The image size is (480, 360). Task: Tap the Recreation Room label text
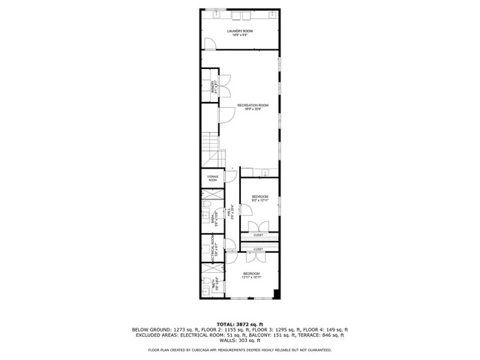pyautogui.click(x=253, y=106)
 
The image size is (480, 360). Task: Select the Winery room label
pyautogui.click(x=214, y=85)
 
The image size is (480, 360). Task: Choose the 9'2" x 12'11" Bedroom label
pyautogui.click(x=259, y=199)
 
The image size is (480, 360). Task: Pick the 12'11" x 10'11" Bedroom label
pyautogui.click(x=251, y=275)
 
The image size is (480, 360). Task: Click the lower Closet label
pyautogui.click(x=259, y=248)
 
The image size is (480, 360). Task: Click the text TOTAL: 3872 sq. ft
pyautogui.click(x=240, y=323)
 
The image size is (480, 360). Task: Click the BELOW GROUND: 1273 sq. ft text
pyautogui.click(x=162, y=329)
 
